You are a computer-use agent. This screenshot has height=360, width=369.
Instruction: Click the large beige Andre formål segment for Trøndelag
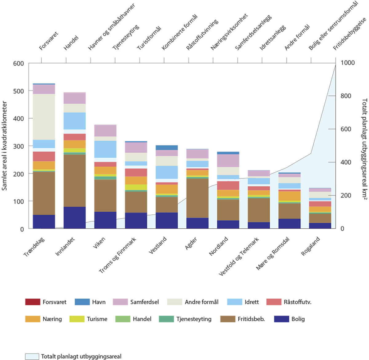click(x=44, y=117)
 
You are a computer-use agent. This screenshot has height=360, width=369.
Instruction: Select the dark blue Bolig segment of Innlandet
click(x=74, y=218)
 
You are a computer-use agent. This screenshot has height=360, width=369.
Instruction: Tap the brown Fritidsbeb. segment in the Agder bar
click(x=197, y=198)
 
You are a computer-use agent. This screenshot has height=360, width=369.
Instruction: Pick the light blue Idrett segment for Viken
click(x=105, y=149)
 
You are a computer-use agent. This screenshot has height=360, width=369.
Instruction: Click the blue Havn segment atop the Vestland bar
click(x=167, y=147)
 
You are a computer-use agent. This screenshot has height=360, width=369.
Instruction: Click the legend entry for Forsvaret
click(x=46, y=302)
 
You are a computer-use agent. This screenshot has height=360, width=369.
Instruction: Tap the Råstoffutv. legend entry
click(x=289, y=302)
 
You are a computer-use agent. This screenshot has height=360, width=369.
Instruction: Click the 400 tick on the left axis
click(x=18, y=118)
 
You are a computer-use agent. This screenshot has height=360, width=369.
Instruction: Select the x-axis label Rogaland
click(x=311, y=246)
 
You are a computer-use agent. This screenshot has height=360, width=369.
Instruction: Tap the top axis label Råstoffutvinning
click(x=202, y=35)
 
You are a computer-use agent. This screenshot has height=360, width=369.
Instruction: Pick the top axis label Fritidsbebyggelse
click(x=350, y=34)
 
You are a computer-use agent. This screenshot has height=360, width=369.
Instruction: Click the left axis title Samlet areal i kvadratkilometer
click(x=4, y=146)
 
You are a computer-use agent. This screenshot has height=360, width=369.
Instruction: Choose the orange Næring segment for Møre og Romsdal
click(x=290, y=196)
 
